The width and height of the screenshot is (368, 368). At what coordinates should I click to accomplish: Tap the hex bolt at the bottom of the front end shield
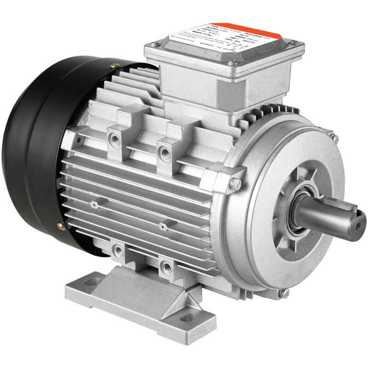285,292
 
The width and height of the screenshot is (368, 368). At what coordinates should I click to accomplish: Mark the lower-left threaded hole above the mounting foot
119,250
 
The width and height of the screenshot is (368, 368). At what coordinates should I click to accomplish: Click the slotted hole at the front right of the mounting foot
187,316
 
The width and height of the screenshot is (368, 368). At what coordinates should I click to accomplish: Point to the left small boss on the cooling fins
94,204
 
